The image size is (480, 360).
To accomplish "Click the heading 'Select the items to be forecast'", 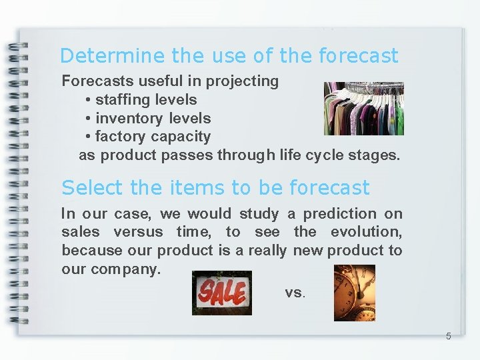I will (215, 188).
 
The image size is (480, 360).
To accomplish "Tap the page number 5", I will (448, 336).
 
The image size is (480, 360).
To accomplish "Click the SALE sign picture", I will (221, 293).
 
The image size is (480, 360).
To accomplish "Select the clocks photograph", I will (354, 293).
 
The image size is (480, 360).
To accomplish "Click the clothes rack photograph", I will (363, 108).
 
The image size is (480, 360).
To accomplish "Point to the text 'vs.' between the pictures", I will (295, 293).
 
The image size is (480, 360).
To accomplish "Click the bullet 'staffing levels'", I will (145, 100).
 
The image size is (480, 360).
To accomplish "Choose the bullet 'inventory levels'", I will (153, 119).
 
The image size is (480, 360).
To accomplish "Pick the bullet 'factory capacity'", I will (153, 137).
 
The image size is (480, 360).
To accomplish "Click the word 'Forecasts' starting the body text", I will (98, 81).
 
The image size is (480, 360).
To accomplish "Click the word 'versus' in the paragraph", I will (138, 232).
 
